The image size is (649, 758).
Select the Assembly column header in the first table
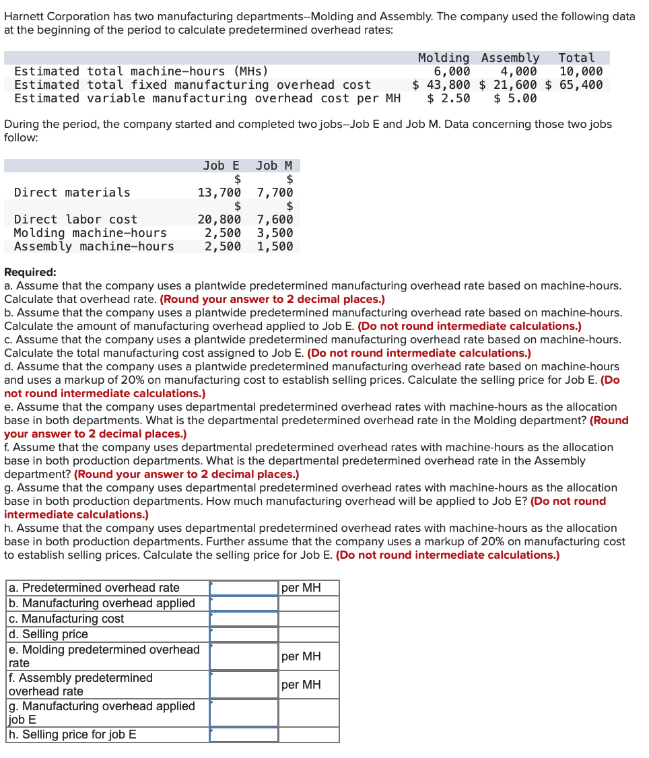pyautogui.click(x=510, y=59)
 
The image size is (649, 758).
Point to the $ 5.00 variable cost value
pyautogui.click(x=515, y=98)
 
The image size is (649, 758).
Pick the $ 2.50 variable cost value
pyautogui.click(x=448, y=98)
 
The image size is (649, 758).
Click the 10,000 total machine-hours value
pyautogui.click(x=581, y=71)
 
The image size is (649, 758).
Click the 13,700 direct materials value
pyautogui.click(x=219, y=193)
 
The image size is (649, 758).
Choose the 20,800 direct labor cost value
pyautogui.click(x=219, y=219)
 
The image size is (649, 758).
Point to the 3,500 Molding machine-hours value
pyautogui.click(x=275, y=233)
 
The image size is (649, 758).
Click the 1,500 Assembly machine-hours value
pyautogui.click(x=275, y=246)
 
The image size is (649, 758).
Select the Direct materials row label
pyautogui.click(x=73, y=193)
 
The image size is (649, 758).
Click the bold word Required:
pyautogui.click(x=30, y=273)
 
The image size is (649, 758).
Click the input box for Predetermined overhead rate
pyautogui.click(x=244, y=588)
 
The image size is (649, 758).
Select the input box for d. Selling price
pyautogui.click(x=244, y=634)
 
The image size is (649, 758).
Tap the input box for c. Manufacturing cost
pyautogui.click(x=244, y=619)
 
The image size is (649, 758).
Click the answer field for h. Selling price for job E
pyautogui.click(x=244, y=734)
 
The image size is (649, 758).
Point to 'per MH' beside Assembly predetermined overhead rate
pyautogui.click(x=301, y=685)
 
